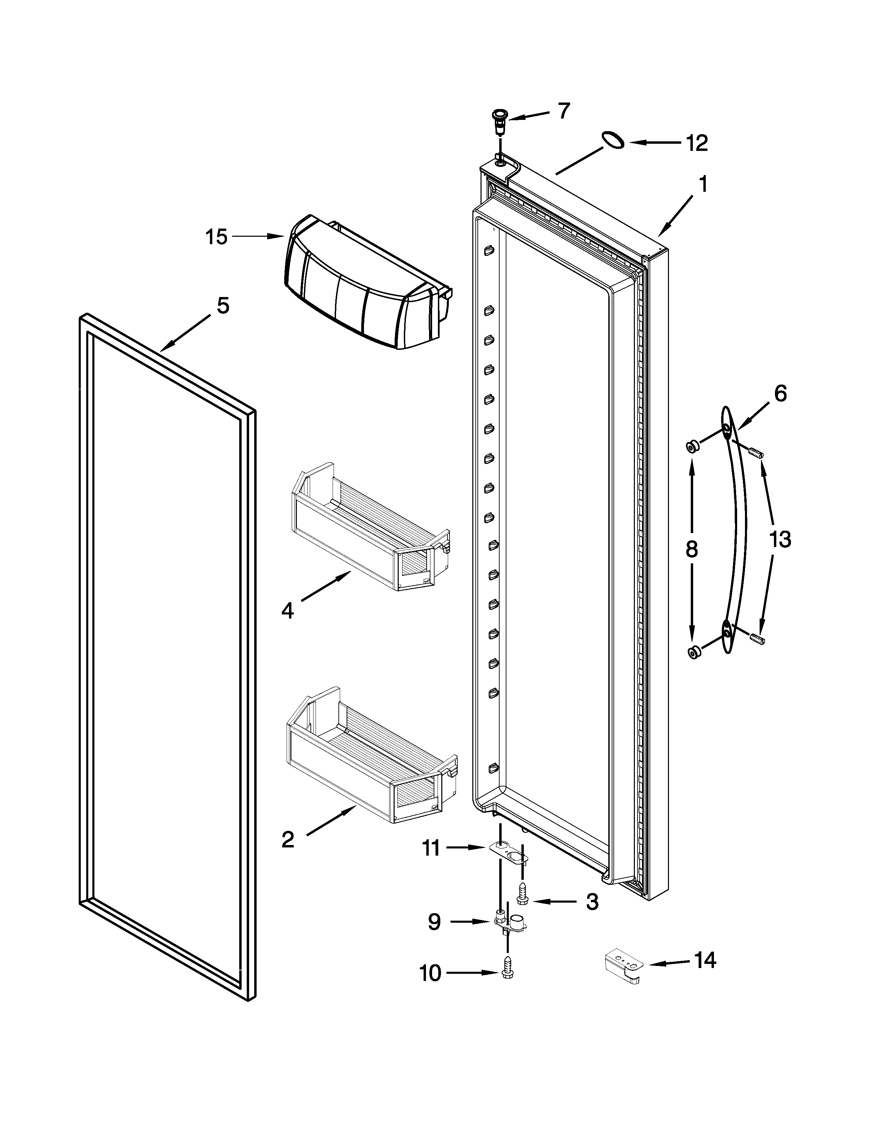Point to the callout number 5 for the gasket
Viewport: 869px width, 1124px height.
tap(223, 306)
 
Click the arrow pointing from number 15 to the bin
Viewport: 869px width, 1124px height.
tap(257, 236)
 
